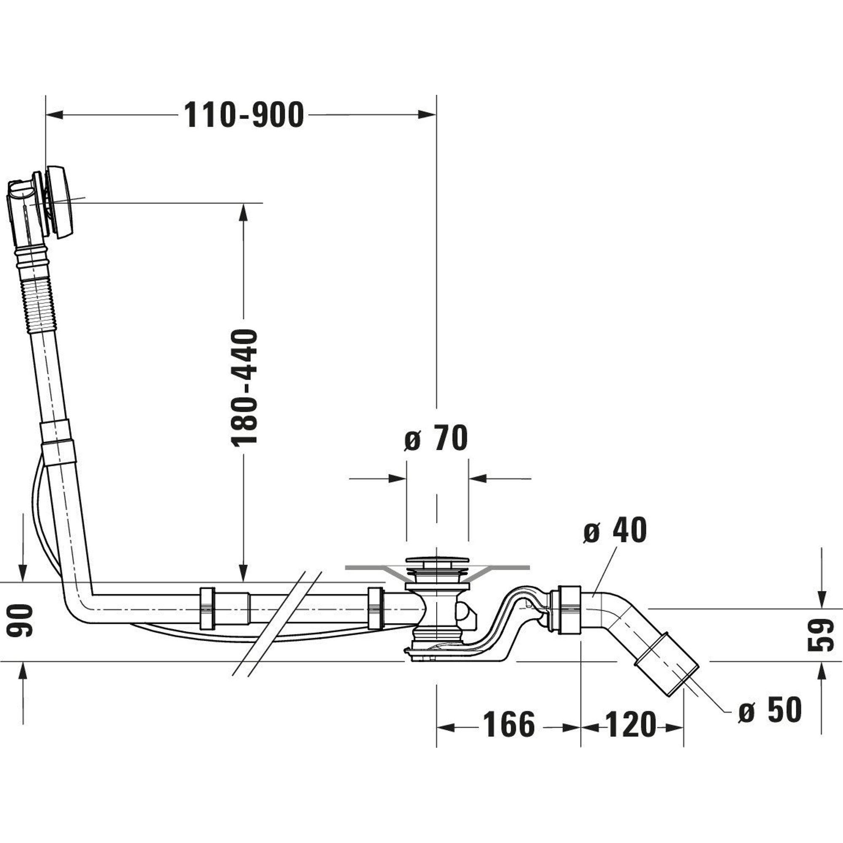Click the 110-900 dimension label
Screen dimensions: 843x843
pyautogui.click(x=244, y=115)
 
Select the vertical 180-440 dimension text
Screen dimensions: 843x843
pyautogui.click(x=245, y=388)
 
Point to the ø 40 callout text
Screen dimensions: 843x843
pyautogui.click(x=615, y=531)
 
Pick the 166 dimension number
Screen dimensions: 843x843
pyautogui.click(x=509, y=724)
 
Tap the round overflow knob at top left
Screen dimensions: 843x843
pyautogui.click(x=61, y=202)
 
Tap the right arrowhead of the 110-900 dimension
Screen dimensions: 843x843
pyautogui.click(x=427, y=115)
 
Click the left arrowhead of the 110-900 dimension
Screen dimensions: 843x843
pyautogui.click(x=54, y=115)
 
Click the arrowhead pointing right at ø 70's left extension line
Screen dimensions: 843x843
pyautogui.click(x=397, y=479)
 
